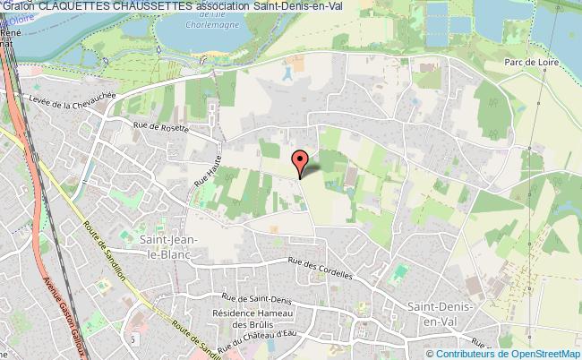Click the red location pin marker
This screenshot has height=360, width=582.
[x=302, y=161]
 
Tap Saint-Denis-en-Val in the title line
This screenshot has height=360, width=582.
[x=304, y=6]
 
